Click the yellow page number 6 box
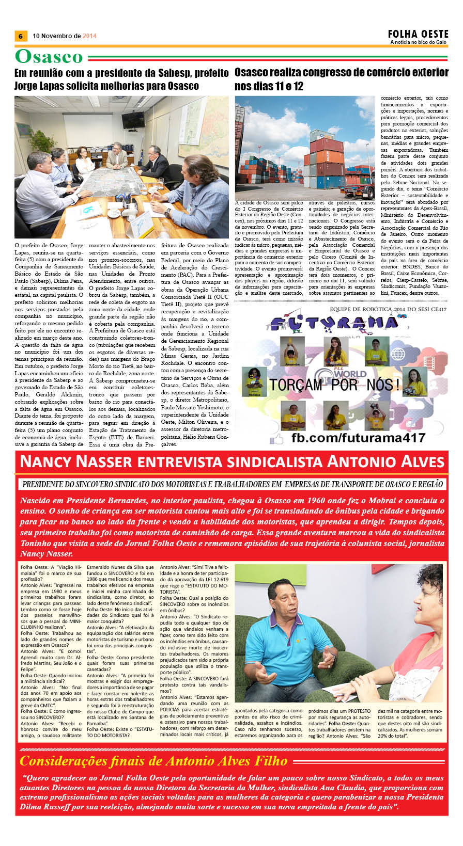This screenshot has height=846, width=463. (20, 36)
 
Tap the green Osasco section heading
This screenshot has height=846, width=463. (49, 57)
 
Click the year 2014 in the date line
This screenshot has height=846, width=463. (89, 36)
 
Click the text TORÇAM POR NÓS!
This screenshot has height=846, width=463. (334, 384)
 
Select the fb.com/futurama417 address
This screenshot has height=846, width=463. (358, 438)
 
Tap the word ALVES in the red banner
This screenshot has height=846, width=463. (418, 461)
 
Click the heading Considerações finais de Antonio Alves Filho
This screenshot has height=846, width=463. (153, 761)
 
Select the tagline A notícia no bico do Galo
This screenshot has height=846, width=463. (418, 42)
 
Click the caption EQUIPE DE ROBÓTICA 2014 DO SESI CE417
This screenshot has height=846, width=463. (388, 309)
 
